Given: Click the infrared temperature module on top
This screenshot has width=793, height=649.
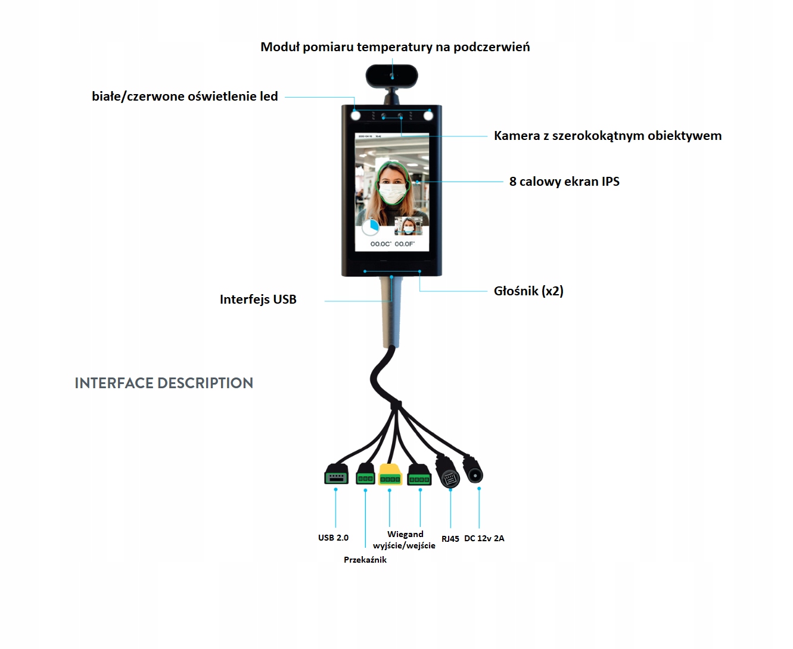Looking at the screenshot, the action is pos(391,76).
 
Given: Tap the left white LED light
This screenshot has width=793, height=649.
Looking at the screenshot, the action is pos(356,116).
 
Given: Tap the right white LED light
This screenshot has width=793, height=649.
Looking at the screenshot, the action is pos(428,116).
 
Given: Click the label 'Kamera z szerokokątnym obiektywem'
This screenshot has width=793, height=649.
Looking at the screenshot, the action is pos(607,136).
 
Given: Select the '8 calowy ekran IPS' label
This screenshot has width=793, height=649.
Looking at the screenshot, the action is pos(564,182).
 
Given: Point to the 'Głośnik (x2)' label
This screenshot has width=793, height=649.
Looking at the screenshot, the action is pos(528,291).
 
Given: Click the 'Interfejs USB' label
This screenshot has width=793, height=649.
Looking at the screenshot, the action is pos(258,299).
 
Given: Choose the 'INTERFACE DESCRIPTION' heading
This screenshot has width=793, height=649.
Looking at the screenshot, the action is pos(164,383).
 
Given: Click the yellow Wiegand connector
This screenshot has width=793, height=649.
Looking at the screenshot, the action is pos(390,476).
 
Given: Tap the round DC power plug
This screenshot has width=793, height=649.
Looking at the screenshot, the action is pos(474,473).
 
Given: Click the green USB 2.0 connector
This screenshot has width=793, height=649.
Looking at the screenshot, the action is pos(336,476).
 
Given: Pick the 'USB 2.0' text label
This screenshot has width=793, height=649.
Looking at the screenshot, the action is pos(333,538).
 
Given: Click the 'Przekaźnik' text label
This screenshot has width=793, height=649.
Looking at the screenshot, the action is pos(365,560).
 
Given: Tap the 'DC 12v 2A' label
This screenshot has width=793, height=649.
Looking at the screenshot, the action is pos(484,538).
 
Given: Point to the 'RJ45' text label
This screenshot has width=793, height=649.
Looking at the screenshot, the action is pos(450,539).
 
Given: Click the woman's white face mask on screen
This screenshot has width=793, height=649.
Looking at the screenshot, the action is pos(392,194).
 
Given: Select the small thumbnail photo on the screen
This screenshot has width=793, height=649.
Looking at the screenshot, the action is pos(408,226).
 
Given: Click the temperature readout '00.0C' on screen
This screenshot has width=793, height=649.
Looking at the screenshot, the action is pos(380,244).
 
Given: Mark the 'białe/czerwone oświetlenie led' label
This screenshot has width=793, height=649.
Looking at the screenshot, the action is pos(185,96).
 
